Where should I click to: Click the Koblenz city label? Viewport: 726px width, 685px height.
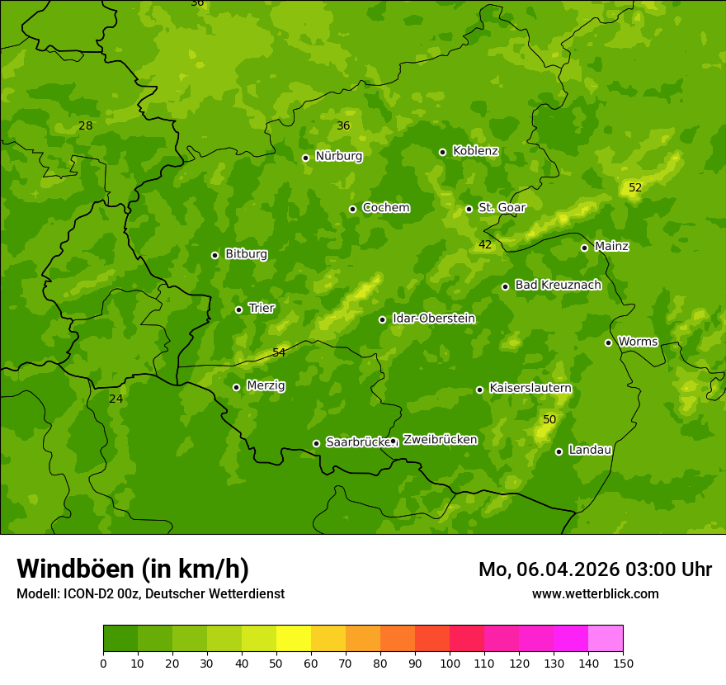(x=475, y=151)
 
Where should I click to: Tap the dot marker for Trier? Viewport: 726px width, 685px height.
(x=239, y=309)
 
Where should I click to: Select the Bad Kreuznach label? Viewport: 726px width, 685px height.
(x=558, y=285)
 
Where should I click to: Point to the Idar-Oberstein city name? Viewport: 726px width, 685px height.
(x=433, y=319)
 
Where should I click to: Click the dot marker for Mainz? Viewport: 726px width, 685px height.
(x=584, y=248)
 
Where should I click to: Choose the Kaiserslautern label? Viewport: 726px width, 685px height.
(x=530, y=388)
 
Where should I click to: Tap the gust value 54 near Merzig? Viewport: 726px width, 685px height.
(x=279, y=352)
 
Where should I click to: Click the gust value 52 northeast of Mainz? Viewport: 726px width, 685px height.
(x=635, y=188)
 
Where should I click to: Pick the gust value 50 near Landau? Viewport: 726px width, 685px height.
(x=549, y=420)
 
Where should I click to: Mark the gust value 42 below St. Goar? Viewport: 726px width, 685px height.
(x=485, y=245)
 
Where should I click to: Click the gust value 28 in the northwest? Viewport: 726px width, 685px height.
(x=85, y=126)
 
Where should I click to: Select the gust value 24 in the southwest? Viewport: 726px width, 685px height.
(x=116, y=399)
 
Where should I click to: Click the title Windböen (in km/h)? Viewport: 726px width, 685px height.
(x=133, y=569)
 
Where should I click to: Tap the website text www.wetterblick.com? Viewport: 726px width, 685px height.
(x=595, y=593)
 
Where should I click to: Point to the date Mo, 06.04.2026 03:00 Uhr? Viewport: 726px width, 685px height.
(x=595, y=569)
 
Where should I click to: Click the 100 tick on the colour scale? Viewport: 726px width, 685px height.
(x=450, y=664)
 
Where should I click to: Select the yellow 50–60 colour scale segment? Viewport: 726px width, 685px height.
(x=294, y=638)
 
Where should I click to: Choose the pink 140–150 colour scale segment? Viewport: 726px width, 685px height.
(x=606, y=638)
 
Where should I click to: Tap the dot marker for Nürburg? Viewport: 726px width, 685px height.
(x=305, y=158)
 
